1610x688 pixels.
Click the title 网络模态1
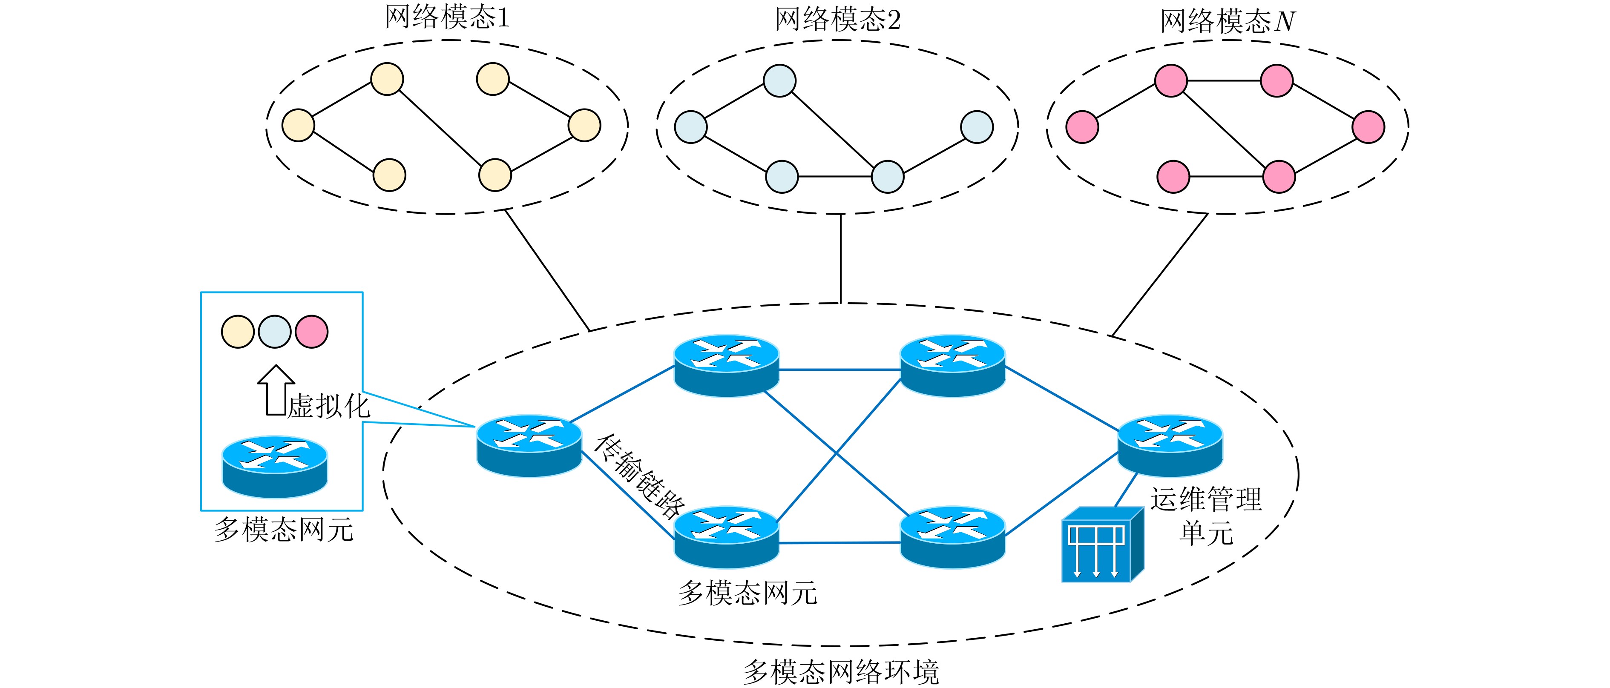446,17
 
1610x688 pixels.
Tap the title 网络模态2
837,20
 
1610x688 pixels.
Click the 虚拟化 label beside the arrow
329,406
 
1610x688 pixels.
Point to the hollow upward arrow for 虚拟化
276,390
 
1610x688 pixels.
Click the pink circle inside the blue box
311,331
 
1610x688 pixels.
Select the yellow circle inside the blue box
238,331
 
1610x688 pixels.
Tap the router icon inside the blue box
275,466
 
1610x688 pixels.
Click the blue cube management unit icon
1102,545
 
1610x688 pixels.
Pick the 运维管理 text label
1206,499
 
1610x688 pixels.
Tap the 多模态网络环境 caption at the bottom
841,672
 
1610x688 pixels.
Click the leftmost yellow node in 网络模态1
298,125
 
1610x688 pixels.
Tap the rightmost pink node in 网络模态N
1368,127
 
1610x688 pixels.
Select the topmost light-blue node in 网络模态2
779,80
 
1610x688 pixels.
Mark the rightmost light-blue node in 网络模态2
976,127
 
